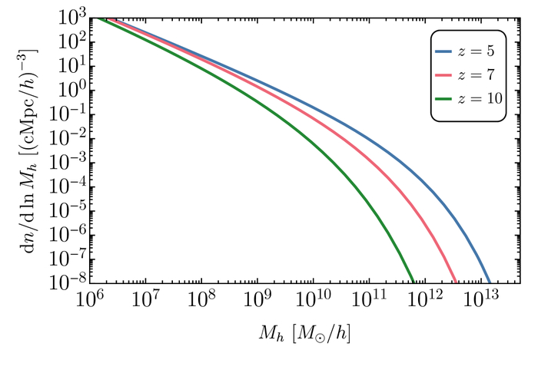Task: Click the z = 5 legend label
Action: point(482,53)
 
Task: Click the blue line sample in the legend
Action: point(449,53)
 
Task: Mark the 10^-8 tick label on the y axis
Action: point(59,282)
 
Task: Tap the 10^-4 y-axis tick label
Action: point(59,186)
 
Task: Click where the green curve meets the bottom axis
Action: point(413,282)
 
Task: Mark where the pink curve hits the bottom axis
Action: point(457,282)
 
